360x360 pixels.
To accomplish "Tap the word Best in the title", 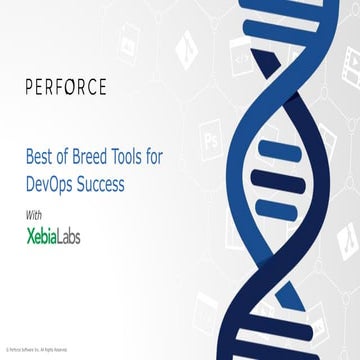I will [39, 157].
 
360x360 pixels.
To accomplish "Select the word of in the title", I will [65, 157].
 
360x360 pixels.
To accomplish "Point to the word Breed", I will [97, 157].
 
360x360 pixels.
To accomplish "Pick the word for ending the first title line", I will [177, 157].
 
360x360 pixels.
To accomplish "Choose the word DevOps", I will [55, 185].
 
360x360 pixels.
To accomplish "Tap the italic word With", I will [33, 214].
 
